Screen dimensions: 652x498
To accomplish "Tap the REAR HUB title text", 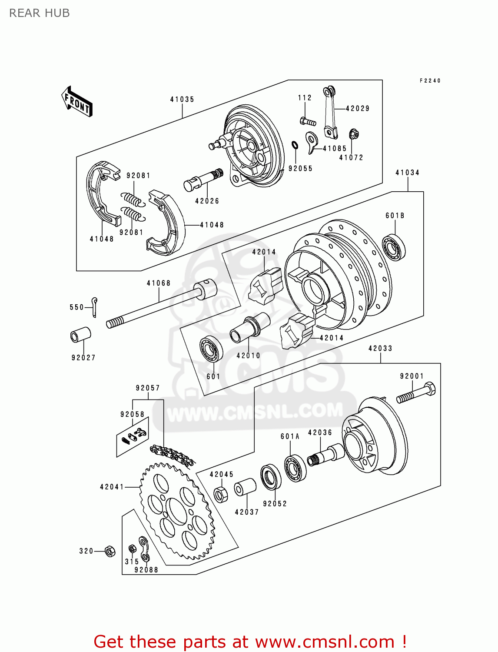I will point(40,13).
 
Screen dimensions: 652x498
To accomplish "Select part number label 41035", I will point(182,100).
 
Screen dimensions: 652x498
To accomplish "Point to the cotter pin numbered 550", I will point(95,306).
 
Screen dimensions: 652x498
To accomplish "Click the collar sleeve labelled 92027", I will point(81,336).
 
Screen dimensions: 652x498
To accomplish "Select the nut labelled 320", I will point(110,551).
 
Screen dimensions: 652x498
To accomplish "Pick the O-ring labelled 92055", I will point(294,145).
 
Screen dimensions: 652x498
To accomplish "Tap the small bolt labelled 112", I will point(308,121).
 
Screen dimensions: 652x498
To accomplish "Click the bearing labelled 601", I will point(211,349).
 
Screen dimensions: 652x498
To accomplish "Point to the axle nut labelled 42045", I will point(220,494).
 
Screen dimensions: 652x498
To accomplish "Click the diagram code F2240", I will point(430,81).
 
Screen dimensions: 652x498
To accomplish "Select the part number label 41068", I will point(159,283).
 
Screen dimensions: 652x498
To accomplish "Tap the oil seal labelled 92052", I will point(271,477).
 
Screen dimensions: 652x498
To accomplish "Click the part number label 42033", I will point(380,349).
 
